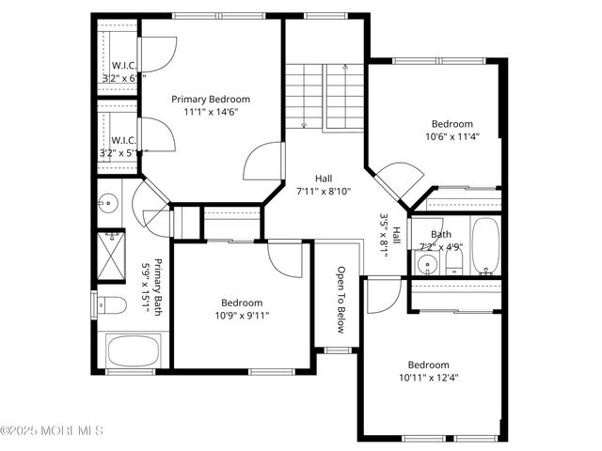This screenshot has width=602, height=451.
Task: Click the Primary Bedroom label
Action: [x=211, y=99]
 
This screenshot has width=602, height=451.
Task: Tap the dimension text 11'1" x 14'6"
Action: [x=211, y=112]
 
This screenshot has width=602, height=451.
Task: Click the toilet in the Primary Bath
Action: [x=113, y=305]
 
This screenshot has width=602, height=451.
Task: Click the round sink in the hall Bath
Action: [x=427, y=264]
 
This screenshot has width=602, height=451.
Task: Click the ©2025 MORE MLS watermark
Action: [x=52, y=430]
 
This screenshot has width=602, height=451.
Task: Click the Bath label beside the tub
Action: [x=441, y=235]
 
